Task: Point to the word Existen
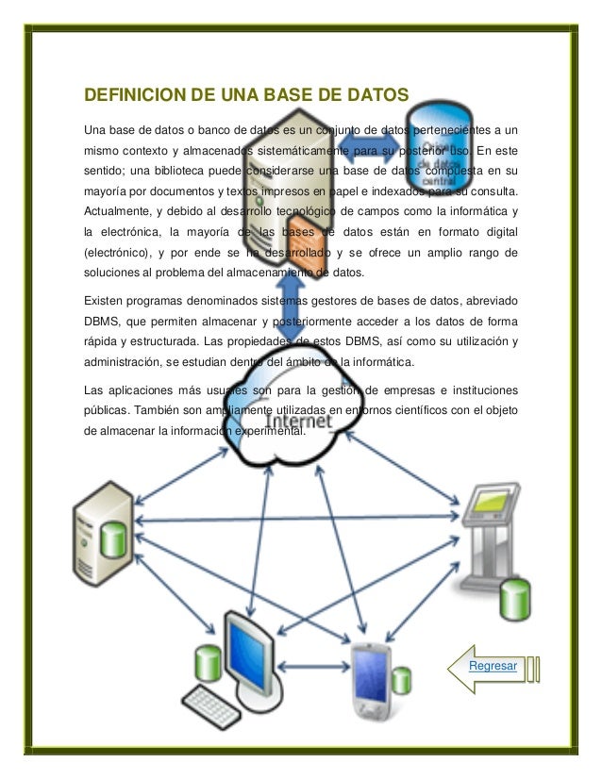(106, 300)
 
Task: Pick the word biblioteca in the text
(192, 170)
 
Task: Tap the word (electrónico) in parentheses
(120, 253)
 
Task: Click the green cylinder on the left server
(115, 540)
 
